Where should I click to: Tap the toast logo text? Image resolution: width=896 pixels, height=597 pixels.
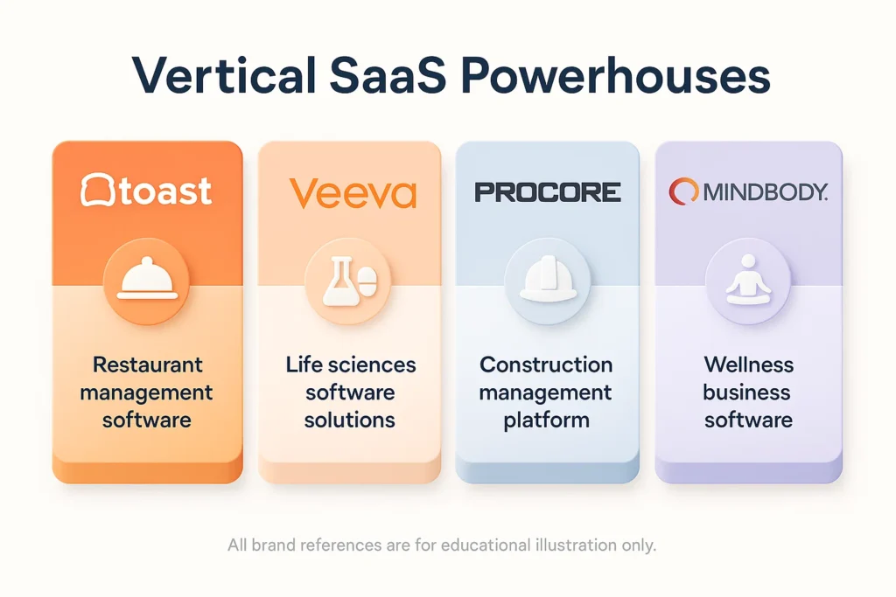165,191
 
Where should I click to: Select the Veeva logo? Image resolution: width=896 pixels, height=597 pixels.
352,192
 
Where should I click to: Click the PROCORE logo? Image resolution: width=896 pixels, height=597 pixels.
548,192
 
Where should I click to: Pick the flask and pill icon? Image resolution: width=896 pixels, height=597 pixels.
348,282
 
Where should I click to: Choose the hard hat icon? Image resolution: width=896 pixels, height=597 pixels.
547,282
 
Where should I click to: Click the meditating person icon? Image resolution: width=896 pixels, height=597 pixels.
748,282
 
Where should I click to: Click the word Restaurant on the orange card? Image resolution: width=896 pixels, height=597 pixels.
146,364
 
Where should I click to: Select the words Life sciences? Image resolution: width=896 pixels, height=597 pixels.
350,364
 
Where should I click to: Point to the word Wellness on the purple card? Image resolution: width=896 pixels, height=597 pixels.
747,364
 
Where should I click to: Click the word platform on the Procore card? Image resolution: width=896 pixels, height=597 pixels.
546,420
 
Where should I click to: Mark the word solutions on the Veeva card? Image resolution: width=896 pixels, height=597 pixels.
350,420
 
